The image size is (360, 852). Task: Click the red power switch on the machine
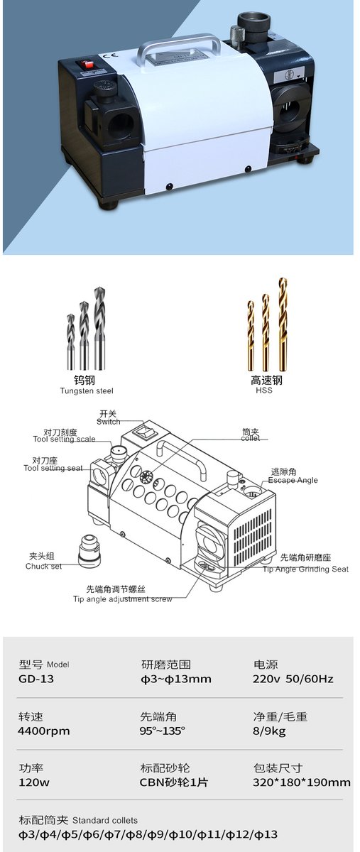(87, 65)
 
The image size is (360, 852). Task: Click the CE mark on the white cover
(113, 56)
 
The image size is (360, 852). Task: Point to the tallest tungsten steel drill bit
(99, 328)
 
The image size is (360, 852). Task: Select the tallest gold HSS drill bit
(282, 324)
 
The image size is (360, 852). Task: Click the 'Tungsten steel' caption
(87, 390)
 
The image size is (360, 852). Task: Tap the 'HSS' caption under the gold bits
(264, 390)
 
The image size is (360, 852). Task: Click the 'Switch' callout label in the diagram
(108, 422)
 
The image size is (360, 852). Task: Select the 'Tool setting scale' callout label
(64, 439)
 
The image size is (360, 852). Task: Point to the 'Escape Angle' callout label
(293, 480)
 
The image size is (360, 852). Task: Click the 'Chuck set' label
(43, 566)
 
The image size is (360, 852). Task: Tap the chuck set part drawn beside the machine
(89, 552)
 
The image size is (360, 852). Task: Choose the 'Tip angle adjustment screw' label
(123, 599)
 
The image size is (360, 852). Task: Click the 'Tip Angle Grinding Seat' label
(305, 569)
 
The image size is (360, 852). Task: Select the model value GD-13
(36, 679)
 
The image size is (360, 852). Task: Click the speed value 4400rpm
(44, 731)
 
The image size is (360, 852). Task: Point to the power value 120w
(34, 782)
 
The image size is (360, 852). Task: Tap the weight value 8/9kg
(269, 731)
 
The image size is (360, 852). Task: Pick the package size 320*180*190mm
(301, 782)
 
